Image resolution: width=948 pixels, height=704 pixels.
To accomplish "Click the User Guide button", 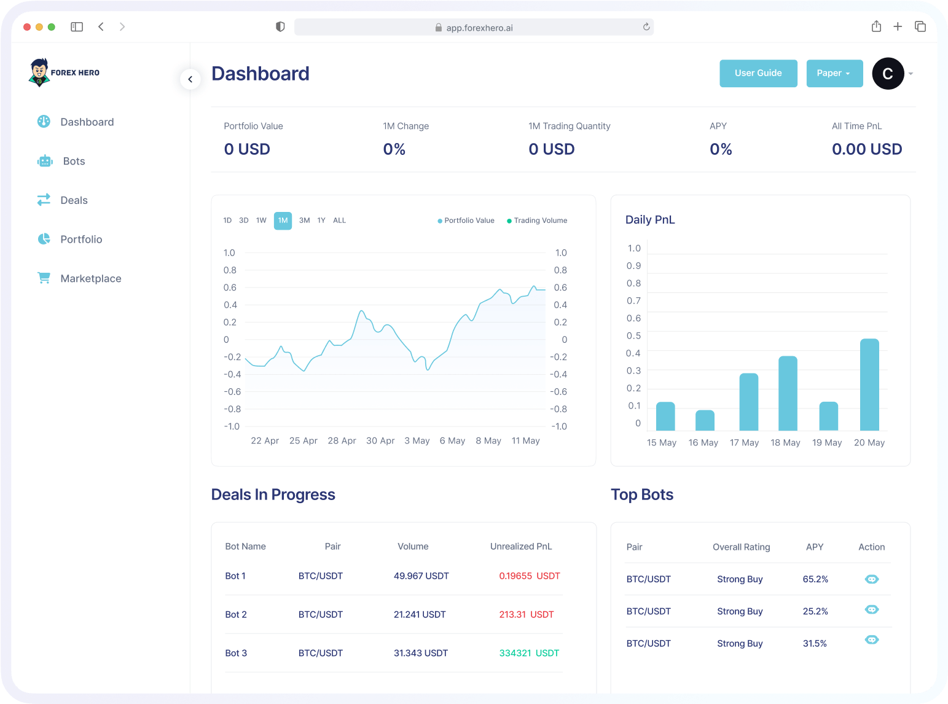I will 758,73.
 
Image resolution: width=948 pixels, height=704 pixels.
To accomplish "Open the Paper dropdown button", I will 834,73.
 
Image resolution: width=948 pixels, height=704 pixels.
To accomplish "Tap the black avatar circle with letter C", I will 888,74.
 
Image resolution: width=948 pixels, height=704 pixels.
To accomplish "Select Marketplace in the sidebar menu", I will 90,278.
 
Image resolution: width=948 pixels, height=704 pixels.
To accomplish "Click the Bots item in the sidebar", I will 74,161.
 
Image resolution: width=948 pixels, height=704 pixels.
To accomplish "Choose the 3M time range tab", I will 304,221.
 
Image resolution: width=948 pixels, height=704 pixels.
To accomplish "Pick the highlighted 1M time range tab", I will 283,221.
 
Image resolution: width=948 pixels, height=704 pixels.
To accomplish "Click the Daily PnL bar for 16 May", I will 705,420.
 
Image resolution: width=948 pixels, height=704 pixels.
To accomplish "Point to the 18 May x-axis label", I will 785,443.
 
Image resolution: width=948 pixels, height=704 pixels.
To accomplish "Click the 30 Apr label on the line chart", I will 380,441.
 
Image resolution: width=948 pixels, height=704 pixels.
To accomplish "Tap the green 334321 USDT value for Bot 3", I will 529,653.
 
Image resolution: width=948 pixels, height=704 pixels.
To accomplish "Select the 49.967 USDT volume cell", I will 421,576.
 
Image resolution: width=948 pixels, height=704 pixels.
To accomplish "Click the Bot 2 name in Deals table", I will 236,614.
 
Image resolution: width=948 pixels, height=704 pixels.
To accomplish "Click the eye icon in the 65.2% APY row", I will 871,579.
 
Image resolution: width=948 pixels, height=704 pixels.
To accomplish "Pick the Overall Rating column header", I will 741,547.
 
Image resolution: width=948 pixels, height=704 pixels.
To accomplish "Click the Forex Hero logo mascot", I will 39,72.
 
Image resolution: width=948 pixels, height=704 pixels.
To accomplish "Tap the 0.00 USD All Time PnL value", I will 866,149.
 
